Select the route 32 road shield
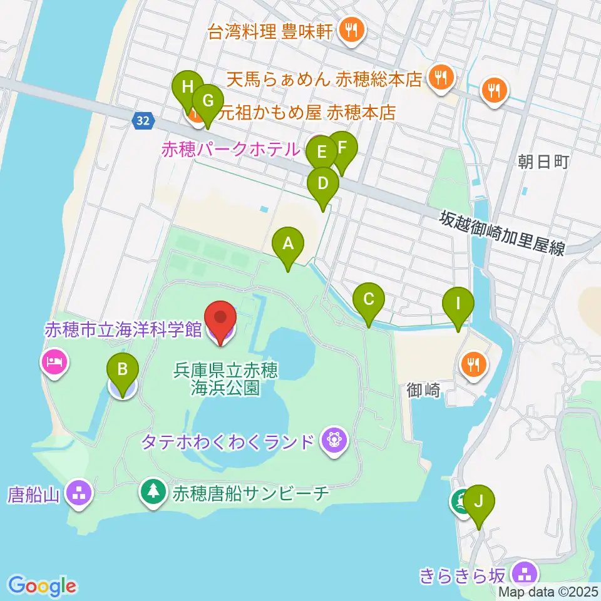(x=143, y=120)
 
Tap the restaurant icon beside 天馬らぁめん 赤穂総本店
(x=441, y=77)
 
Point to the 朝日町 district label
(x=543, y=163)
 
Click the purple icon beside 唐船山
(x=81, y=493)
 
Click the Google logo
(x=43, y=586)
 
